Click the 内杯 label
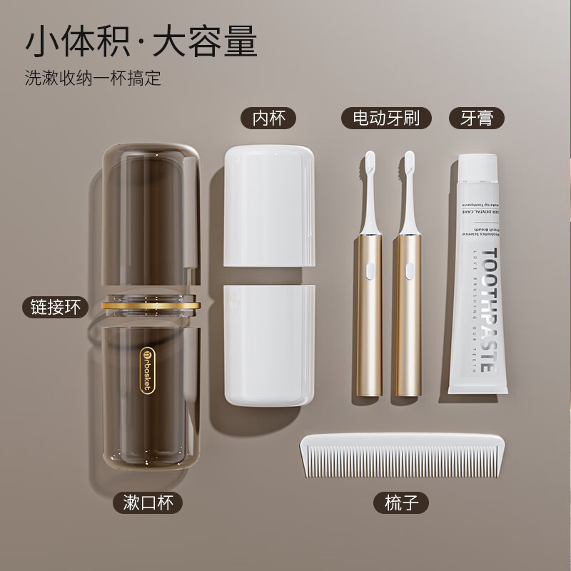click(x=268, y=118)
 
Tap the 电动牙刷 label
click(x=386, y=118)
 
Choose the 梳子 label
click(x=400, y=502)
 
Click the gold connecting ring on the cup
click(x=151, y=305)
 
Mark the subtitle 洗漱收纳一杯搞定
click(x=93, y=78)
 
